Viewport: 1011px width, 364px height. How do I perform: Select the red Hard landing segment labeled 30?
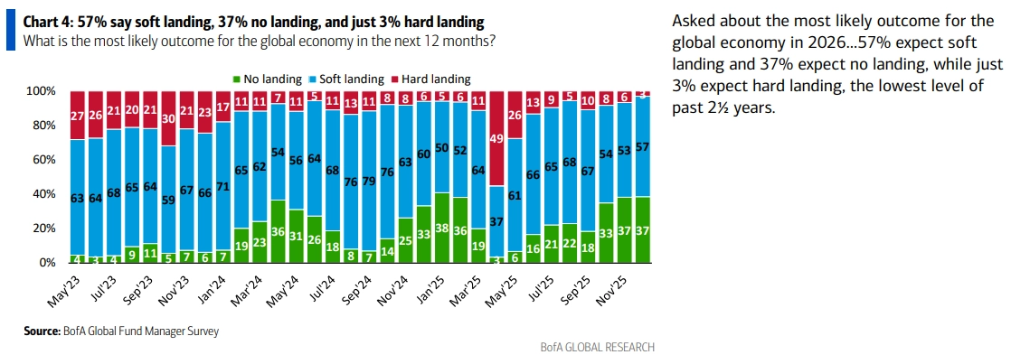tap(168, 118)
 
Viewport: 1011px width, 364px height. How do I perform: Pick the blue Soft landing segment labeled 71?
tap(222, 186)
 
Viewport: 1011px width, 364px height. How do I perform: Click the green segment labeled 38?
tap(441, 228)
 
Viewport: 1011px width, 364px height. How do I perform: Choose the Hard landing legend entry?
tap(437, 79)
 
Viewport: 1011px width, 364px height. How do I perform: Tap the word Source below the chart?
tap(43, 331)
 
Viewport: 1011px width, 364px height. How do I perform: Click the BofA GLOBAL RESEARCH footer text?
tap(596, 347)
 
